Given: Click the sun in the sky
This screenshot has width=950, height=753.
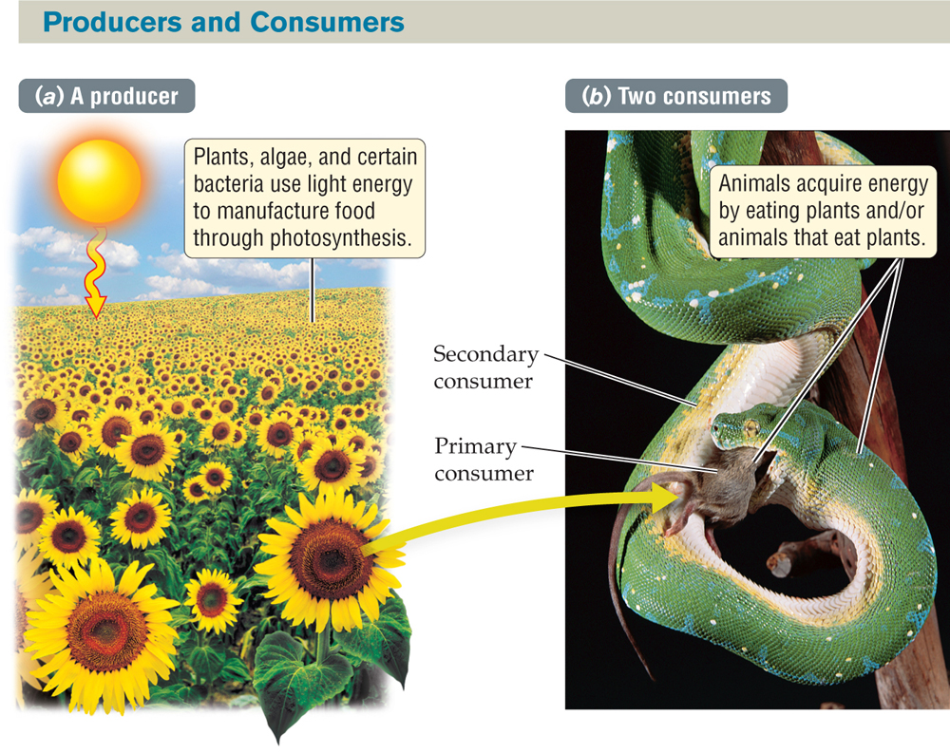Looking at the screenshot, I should point(99,179).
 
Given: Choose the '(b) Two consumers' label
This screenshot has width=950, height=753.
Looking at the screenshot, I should point(675,96).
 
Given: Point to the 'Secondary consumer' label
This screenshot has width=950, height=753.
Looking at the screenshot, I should point(484,367).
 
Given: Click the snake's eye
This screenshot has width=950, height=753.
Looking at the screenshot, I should point(750,430).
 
